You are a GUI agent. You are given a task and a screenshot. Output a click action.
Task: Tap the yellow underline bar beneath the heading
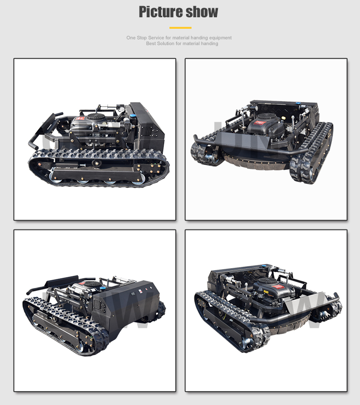(x=180, y=27)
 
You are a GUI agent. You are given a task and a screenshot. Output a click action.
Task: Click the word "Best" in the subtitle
(x=151, y=44)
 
